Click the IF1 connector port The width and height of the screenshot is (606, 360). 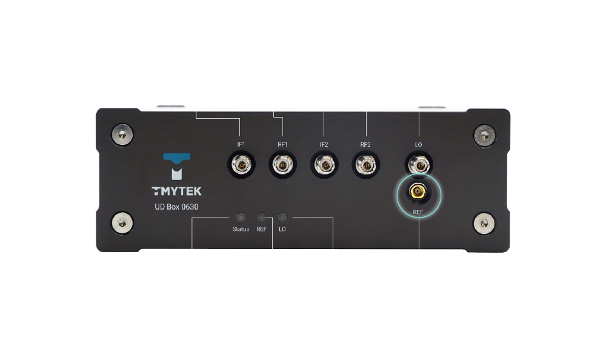click(241, 165)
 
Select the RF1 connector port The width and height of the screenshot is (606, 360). click(282, 165)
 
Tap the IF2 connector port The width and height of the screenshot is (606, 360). click(324, 165)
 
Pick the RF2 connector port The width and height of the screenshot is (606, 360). click(365, 165)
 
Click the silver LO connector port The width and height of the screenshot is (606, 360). click(419, 165)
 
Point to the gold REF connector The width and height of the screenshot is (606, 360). click(418, 192)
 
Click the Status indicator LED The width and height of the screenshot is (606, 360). click(241, 217)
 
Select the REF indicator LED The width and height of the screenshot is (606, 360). click(262, 217)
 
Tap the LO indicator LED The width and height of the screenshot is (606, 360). click(282, 217)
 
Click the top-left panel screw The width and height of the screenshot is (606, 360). click(122, 134)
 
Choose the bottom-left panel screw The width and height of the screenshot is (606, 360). click(122, 223)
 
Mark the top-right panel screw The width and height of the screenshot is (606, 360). click(484, 135)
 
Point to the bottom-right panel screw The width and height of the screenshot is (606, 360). click(484, 224)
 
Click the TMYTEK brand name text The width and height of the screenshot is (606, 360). click(176, 191)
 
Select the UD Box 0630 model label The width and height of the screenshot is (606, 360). click(176, 207)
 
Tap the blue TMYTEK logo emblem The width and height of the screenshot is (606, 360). click(176, 167)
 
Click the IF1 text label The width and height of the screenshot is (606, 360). click(241, 145)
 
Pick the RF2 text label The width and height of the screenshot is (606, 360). click(365, 145)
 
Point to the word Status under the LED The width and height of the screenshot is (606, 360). click(241, 229)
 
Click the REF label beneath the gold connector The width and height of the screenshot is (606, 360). click(418, 212)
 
